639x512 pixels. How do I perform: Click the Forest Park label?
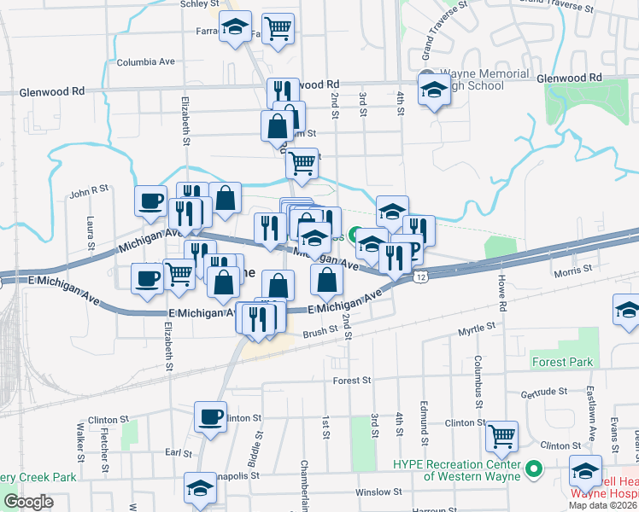(x=560, y=362)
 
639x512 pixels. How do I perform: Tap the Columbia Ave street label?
(x=145, y=61)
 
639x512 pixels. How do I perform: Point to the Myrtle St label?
(x=477, y=328)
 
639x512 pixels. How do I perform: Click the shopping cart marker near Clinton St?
(x=501, y=436)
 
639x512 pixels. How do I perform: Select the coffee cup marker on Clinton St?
(x=211, y=416)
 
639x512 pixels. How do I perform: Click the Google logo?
(x=28, y=501)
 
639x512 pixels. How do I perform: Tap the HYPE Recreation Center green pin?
(x=534, y=468)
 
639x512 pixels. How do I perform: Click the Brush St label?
(x=320, y=330)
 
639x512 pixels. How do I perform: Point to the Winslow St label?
(x=378, y=492)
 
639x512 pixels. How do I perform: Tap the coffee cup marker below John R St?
(x=151, y=201)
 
